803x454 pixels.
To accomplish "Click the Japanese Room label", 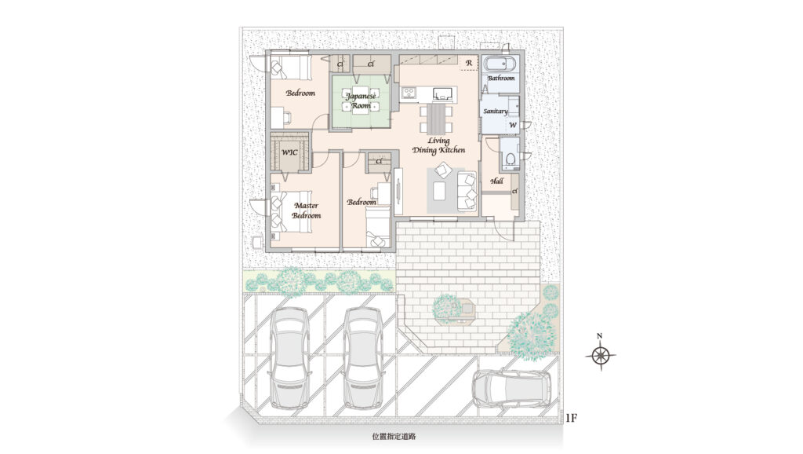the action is click(x=361, y=101).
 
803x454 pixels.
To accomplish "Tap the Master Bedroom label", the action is click(x=307, y=211).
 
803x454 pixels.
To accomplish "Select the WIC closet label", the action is click(x=290, y=153).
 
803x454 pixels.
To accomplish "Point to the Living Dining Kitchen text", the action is click(x=439, y=145).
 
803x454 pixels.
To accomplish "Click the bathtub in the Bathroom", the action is click(x=501, y=66).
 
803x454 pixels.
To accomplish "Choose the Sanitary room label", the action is click(x=496, y=112).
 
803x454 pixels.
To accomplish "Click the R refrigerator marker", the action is click(x=469, y=63).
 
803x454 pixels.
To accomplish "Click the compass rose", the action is click(x=601, y=354).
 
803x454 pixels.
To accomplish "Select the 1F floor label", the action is click(x=571, y=418).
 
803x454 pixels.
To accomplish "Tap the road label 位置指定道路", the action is click(x=394, y=437).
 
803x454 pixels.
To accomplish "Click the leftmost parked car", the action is click(x=289, y=358).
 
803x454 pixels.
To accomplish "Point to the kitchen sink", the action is click(x=444, y=93).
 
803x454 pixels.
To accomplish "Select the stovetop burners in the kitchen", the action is click(x=409, y=93).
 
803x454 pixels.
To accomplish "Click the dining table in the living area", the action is click(x=437, y=119).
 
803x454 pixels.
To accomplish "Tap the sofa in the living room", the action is click(x=467, y=190).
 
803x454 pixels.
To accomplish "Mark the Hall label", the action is click(x=496, y=181).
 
